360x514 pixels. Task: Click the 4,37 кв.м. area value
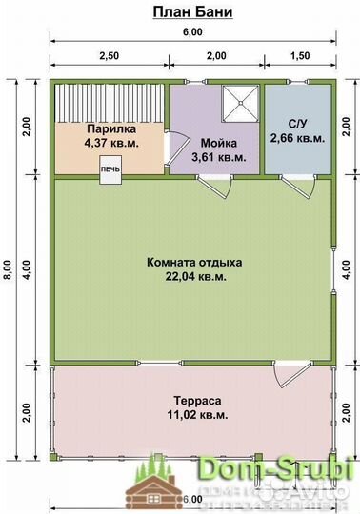111,143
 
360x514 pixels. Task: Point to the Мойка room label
218,143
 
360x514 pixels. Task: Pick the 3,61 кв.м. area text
218,156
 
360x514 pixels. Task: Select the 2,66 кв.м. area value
296,138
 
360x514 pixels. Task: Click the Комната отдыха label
195,262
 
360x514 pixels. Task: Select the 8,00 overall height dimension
8,270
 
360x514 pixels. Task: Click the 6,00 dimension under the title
192,32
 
